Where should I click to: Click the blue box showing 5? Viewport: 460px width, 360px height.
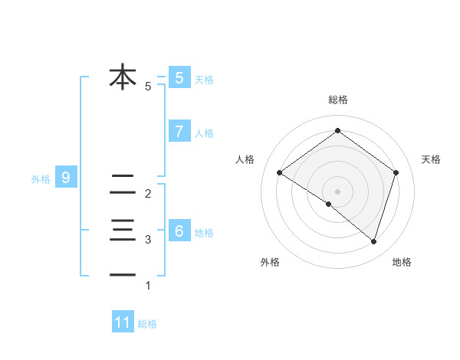(x=179, y=78)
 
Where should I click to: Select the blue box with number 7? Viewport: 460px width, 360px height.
(x=179, y=132)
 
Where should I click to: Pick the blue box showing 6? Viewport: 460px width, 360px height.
(x=179, y=231)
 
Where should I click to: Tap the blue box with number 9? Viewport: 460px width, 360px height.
(x=66, y=178)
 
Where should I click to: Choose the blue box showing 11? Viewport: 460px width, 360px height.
(x=123, y=322)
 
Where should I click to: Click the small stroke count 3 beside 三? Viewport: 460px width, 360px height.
(x=148, y=240)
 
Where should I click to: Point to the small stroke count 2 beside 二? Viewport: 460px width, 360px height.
(x=148, y=194)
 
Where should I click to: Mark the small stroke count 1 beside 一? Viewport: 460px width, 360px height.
(x=148, y=286)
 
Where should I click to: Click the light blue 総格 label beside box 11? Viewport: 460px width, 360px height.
(x=147, y=323)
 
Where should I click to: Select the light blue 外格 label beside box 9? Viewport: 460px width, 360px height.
(x=41, y=179)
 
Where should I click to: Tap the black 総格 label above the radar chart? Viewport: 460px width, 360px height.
(x=337, y=100)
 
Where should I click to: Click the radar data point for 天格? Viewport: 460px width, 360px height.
(x=396, y=172)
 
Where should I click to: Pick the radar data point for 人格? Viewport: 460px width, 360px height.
(x=279, y=172)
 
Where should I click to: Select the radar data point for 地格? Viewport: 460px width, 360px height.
(x=373, y=241)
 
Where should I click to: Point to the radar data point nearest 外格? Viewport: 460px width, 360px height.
(x=329, y=204)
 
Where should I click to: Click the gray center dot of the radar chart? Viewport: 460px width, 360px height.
(x=337, y=191)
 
